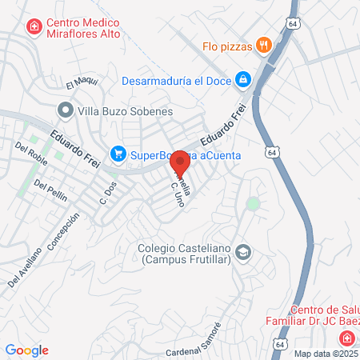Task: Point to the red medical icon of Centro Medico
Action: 34,28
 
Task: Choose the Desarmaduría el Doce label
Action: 174,80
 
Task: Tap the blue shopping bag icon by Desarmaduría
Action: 241,80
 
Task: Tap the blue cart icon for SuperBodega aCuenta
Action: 118,152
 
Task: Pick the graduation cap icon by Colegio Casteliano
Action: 245,254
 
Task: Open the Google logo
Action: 26,350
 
